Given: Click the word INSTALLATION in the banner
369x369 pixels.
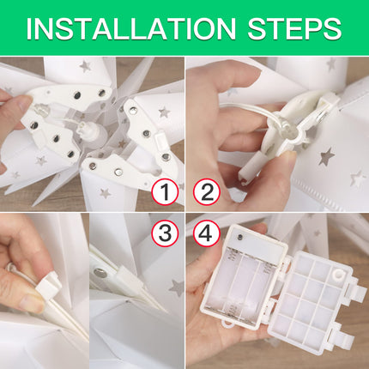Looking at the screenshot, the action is (x=131, y=28).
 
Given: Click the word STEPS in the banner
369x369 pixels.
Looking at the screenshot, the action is (x=294, y=28).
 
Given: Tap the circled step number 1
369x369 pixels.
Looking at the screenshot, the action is (x=165, y=191).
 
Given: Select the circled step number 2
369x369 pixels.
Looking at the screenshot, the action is (x=207, y=191).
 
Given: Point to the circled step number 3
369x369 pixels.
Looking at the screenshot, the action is (x=165, y=233).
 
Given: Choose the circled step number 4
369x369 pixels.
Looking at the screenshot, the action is (x=207, y=233).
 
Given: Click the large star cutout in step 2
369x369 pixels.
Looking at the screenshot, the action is (x=326, y=156).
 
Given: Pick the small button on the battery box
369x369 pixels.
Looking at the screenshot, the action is (x=239, y=237).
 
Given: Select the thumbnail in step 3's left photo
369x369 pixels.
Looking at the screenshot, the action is (x=32, y=301).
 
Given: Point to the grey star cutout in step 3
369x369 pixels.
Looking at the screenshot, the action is (x=177, y=287).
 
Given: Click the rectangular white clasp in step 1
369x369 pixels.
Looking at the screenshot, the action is (x=160, y=142).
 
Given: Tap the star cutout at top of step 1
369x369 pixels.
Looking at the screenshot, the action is (x=85, y=66).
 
